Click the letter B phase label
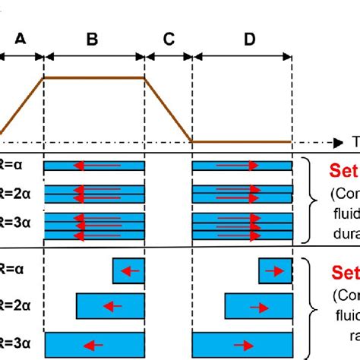coord(92,41)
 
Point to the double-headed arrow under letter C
coord(169,55)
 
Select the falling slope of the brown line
coord(167,109)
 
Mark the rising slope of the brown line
coord(23,106)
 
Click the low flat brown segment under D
coord(242,141)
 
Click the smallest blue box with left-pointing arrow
coord(128,270)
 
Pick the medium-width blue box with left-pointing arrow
coord(110,306)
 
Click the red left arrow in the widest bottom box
coord(94,344)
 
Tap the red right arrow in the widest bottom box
coord(242,344)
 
